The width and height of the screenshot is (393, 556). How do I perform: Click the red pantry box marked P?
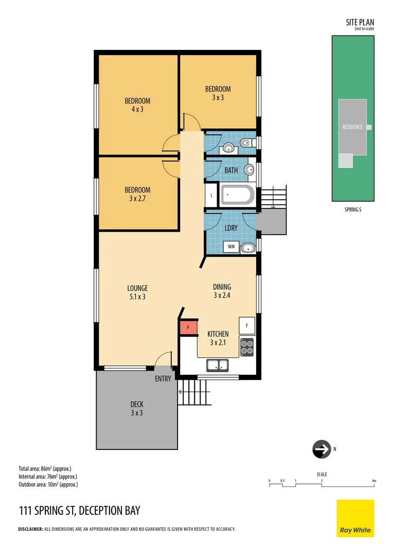tap(188, 327)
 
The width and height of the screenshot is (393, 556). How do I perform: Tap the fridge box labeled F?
tap(247, 325)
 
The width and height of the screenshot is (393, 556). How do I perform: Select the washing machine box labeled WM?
tap(231, 247)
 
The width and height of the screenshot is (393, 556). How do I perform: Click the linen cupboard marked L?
tap(212, 196)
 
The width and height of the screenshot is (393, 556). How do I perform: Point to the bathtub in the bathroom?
tap(237, 196)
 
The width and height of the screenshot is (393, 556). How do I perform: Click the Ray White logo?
tap(355, 518)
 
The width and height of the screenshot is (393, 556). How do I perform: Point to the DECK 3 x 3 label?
tap(136, 408)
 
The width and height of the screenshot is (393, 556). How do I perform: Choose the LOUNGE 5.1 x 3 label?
tap(137, 292)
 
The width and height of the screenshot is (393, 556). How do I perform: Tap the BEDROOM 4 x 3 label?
tap(137, 105)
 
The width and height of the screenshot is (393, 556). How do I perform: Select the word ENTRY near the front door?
tap(163, 379)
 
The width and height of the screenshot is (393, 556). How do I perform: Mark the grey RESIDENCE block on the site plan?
tap(352, 127)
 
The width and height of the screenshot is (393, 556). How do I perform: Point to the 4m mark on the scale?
tap(374, 481)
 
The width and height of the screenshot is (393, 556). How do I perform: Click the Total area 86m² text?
tap(45, 468)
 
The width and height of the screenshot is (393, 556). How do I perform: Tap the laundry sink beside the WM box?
tap(248, 248)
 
